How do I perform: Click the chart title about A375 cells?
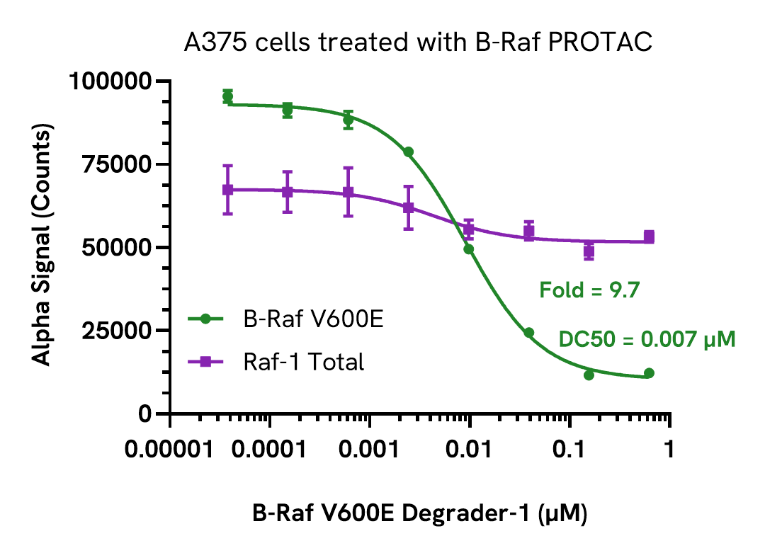pyautogui.click(x=417, y=43)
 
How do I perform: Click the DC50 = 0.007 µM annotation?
pyautogui.click(x=647, y=339)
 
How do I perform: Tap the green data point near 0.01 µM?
pyautogui.click(x=468, y=249)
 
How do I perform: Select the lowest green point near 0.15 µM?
pyautogui.click(x=589, y=375)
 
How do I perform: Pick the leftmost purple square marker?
pyautogui.click(x=227, y=190)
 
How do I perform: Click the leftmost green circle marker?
pyautogui.click(x=227, y=96)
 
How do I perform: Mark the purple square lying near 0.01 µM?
pyautogui.click(x=468, y=229)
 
